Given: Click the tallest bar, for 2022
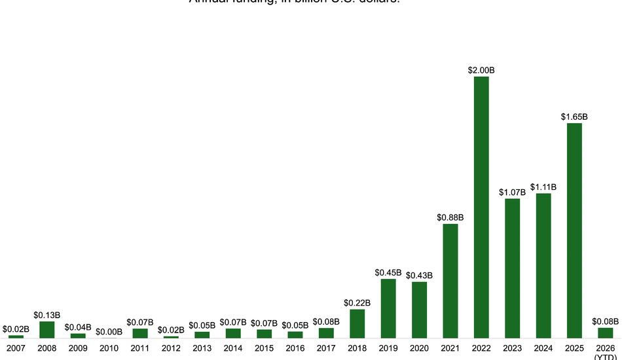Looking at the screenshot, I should click(x=481, y=207).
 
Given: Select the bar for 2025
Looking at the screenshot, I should click(x=574, y=230).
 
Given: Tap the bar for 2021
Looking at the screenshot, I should click(x=450, y=281).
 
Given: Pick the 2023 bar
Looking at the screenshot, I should click(x=512, y=268).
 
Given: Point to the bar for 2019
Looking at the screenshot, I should click(x=388, y=308).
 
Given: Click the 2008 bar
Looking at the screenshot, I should click(x=47, y=330).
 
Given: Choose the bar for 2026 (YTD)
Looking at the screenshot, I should click(x=605, y=333).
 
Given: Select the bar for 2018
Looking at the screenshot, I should click(x=357, y=323).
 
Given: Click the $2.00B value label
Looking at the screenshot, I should click(x=481, y=70).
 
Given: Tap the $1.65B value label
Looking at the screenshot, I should click(x=574, y=117).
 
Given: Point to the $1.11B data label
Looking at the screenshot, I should click(x=543, y=187).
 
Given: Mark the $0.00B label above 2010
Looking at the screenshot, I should click(x=109, y=332).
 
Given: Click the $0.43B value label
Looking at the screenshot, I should click(x=419, y=276).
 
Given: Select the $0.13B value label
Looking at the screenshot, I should click(x=47, y=315).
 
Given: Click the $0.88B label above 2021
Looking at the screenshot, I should click(x=450, y=217).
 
